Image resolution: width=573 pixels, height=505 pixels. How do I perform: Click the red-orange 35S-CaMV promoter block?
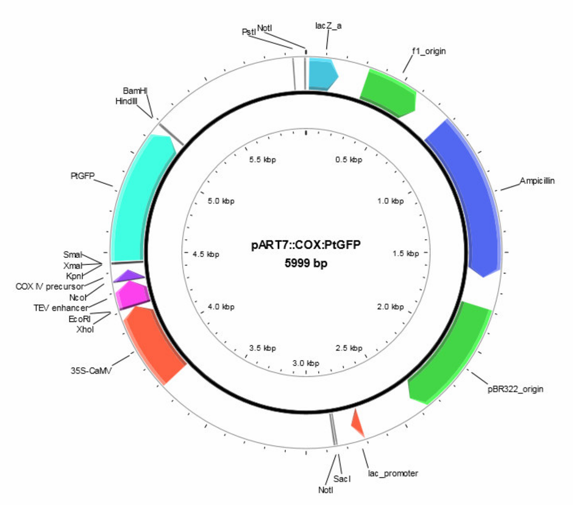point(154,343)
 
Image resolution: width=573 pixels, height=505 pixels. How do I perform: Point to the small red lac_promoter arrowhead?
point(357,423)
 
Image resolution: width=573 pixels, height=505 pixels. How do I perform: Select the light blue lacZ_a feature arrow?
point(322,74)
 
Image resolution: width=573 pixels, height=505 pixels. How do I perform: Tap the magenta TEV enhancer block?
point(132,294)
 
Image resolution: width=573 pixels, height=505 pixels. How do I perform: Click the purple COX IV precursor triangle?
point(129,276)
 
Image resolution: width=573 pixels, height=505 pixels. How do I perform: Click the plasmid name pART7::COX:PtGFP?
point(306,245)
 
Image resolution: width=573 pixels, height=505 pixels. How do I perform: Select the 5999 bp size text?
point(306,263)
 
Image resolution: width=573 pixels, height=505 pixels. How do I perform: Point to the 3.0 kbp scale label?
point(305,363)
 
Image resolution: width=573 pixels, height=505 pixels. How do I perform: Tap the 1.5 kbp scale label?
point(405,253)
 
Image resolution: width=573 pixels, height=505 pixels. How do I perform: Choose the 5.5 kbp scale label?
point(262,160)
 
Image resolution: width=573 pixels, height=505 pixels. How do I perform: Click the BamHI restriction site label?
point(135,91)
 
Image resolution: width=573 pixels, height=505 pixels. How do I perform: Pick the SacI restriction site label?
point(342,479)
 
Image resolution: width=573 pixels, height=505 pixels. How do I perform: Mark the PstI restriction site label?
point(249,32)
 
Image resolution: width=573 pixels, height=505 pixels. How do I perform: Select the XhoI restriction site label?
point(85,330)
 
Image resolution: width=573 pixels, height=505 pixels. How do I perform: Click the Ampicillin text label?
point(537,181)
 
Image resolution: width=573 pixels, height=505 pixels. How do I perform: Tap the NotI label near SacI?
point(326,490)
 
